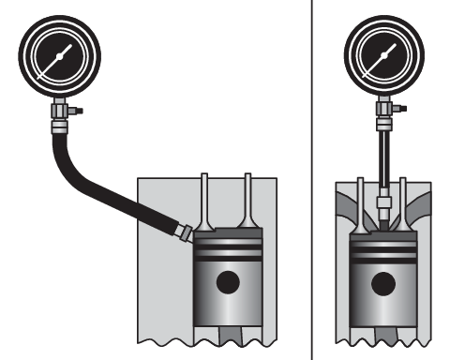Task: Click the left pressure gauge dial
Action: (58, 56)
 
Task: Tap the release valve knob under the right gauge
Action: (402, 109)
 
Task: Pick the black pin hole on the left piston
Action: (226, 281)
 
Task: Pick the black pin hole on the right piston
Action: (382, 281)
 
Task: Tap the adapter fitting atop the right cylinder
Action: (382, 201)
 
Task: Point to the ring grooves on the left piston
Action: (226, 251)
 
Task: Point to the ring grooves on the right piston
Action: (382, 250)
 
